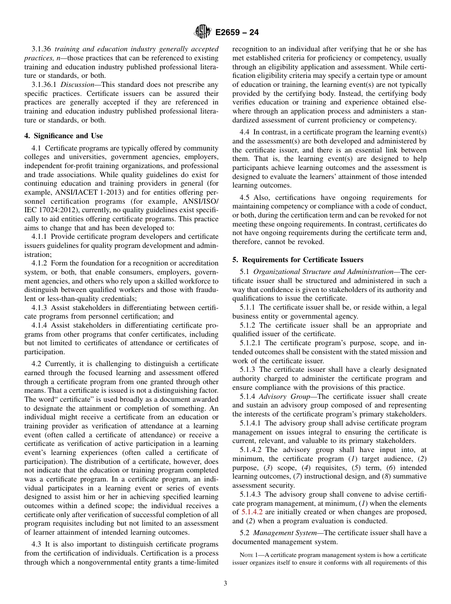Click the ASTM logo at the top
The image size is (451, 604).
click(x=203, y=32)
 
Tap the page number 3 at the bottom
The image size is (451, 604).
click(x=225, y=584)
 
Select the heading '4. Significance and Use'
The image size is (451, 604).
click(x=64, y=136)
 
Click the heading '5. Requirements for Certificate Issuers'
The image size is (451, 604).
click(x=298, y=260)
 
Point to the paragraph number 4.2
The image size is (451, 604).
click(x=37, y=364)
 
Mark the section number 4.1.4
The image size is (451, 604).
click(x=40, y=325)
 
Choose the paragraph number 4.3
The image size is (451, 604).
click(x=37, y=545)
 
